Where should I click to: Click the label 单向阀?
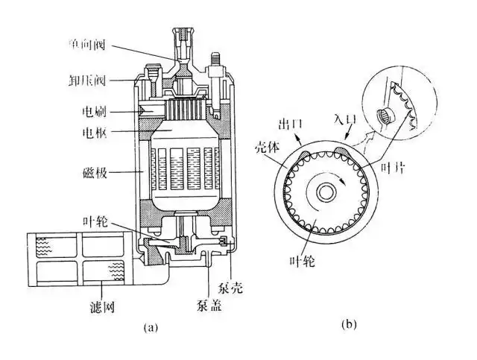pyautogui.click(x=106, y=43)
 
